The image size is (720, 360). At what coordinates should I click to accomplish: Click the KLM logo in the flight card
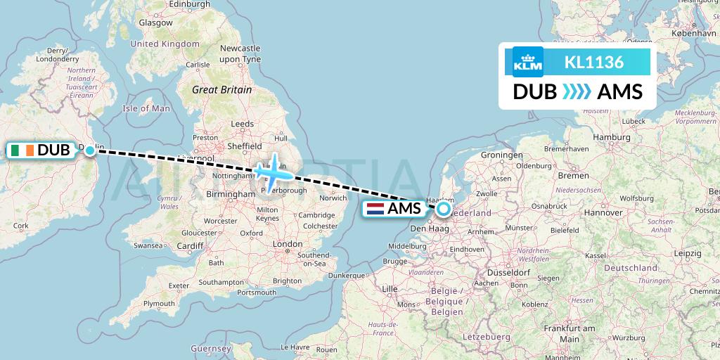pos(529,62)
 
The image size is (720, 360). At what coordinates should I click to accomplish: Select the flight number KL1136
pos(594,62)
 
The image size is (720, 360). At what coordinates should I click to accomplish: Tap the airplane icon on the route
pos(272,170)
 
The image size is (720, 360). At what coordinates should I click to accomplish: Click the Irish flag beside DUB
pos(22,150)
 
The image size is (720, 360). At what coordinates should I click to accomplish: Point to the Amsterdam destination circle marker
pos(444,208)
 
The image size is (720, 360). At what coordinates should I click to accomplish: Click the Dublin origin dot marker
pos(90,150)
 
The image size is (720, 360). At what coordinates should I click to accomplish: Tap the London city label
pos(287,243)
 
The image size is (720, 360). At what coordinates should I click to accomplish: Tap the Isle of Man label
pos(146,108)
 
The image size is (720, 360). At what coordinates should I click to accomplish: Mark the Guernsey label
pos(211,348)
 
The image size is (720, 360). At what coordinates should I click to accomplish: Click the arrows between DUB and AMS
pos(577,92)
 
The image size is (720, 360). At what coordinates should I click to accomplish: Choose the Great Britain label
pos(221,89)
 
